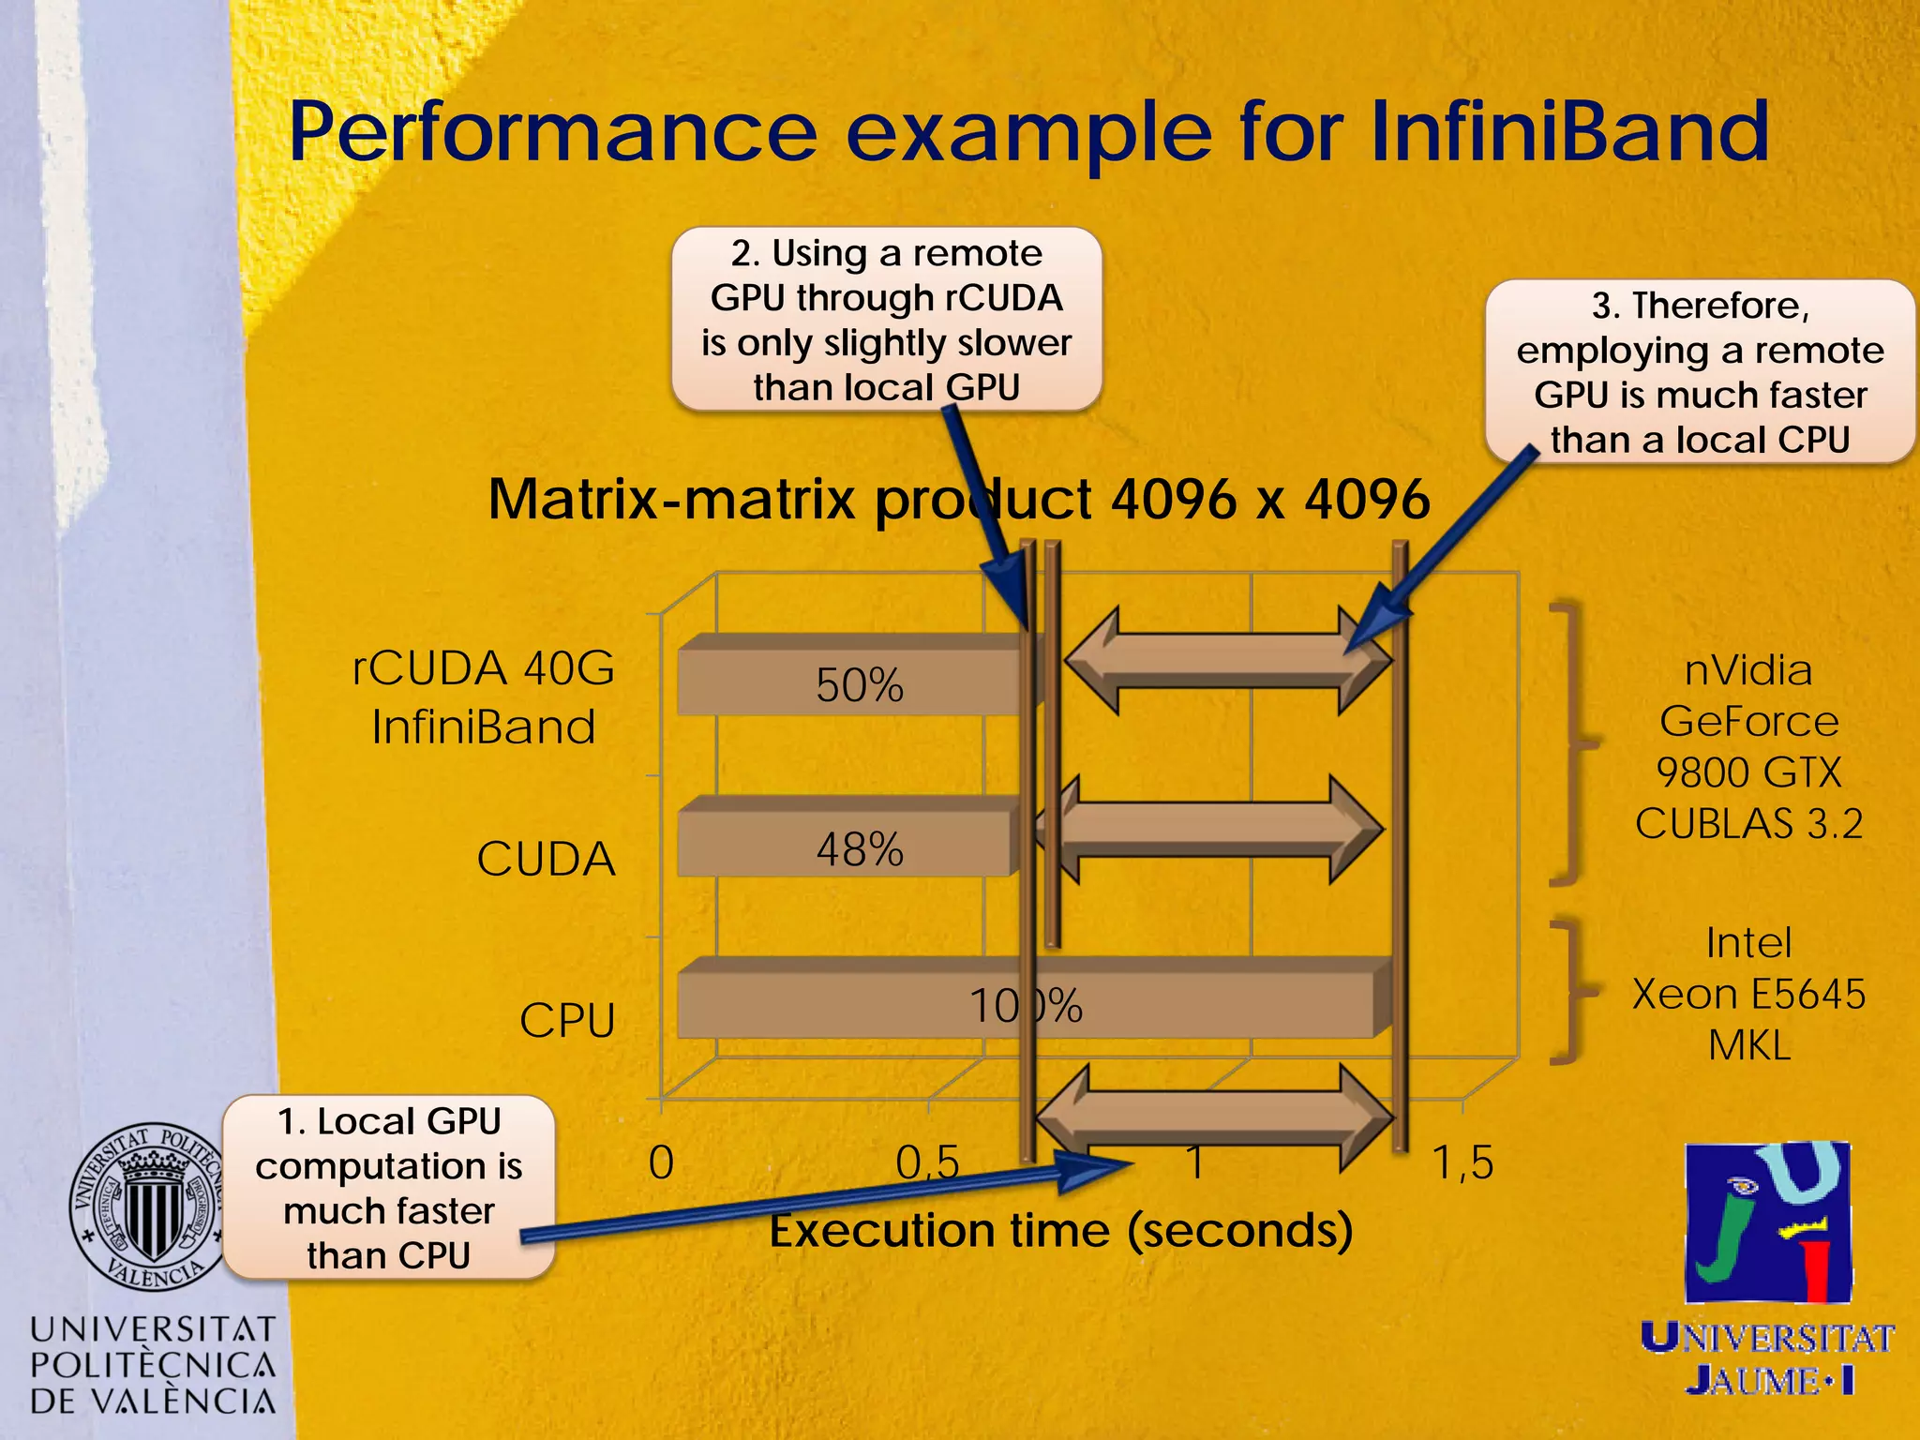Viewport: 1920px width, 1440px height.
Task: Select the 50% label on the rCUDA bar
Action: pyautogui.click(x=859, y=685)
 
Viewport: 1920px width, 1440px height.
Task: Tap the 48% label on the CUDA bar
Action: pyautogui.click(x=859, y=849)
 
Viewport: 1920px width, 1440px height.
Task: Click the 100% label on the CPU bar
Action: pyautogui.click(x=1026, y=1006)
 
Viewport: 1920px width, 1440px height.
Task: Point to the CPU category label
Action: pyautogui.click(x=567, y=1020)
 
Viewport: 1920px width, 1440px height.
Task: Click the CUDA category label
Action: pyautogui.click(x=546, y=859)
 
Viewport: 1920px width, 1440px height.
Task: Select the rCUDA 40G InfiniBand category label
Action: pyautogui.click(x=484, y=697)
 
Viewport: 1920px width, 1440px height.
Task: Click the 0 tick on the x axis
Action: pyautogui.click(x=661, y=1163)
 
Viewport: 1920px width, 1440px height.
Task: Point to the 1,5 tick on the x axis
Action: pyautogui.click(x=1462, y=1163)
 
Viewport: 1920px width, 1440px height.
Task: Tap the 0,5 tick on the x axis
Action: pyautogui.click(x=927, y=1163)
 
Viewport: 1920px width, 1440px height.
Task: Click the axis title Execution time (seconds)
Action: pyautogui.click(x=1060, y=1230)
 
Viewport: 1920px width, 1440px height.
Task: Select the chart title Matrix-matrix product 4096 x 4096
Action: pyautogui.click(x=958, y=499)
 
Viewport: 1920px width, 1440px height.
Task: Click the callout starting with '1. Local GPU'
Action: pyautogui.click(x=388, y=1187)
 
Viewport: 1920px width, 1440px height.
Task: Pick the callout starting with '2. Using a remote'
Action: pyautogui.click(x=886, y=320)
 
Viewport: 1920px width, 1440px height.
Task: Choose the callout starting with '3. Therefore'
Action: pyautogui.click(x=1699, y=372)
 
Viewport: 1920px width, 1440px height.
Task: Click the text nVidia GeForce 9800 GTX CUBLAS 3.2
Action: pyautogui.click(x=1748, y=746)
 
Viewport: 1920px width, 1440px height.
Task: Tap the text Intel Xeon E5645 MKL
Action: pyautogui.click(x=1748, y=994)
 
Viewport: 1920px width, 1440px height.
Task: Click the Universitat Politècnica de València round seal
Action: pyautogui.click(x=148, y=1207)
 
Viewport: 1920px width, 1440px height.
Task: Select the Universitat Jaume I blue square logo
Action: pyautogui.click(x=1768, y=1222)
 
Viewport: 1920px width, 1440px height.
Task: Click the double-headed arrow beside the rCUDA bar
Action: pyautogui.click(x=1228, y=661)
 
